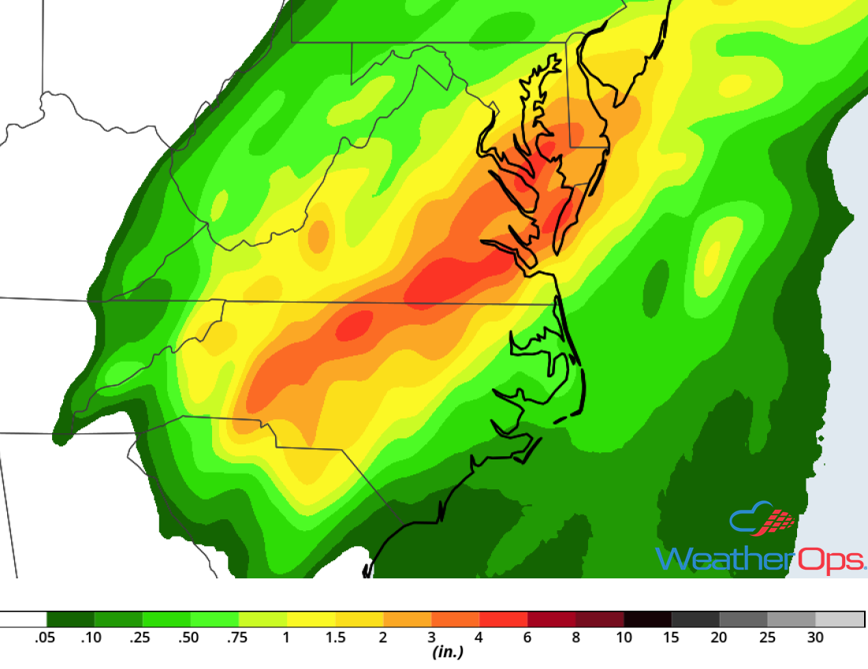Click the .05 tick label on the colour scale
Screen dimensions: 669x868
coord(45,637)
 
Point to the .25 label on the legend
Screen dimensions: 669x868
coord(140,637)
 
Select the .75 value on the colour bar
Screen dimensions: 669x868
coord(237,637)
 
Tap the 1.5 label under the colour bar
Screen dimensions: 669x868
coord(335,637)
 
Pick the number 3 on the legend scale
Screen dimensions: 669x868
coord(431,637)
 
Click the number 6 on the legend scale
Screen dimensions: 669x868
coord(527,637)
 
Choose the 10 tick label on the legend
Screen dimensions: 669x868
coord(624,637)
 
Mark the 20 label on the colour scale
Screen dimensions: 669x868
coord(719,637)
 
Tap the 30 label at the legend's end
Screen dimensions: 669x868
coord(815,637)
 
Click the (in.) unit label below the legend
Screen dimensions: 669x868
coord(446,652)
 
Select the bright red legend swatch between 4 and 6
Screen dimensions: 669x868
coord(503,619)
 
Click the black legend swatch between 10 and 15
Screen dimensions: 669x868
coord(647,619)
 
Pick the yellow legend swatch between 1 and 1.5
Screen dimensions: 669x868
coord(311,619)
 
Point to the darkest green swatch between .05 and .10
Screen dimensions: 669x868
coord(70,619)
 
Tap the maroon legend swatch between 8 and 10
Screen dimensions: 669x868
coord(599,619)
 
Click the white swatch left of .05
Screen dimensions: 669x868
coord(22,619)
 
